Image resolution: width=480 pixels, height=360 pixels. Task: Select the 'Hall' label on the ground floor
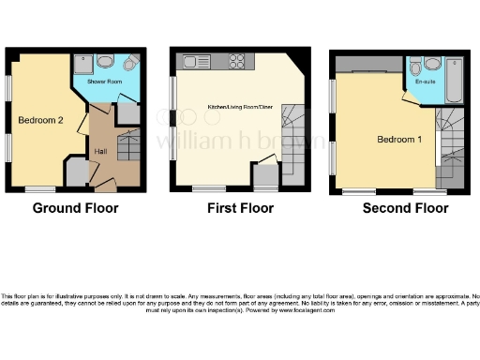click(x=100, y=151)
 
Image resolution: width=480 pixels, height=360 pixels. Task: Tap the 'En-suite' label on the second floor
click(x=426, y=82)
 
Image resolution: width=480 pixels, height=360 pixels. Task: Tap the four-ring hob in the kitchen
click(x=234, y=64)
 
